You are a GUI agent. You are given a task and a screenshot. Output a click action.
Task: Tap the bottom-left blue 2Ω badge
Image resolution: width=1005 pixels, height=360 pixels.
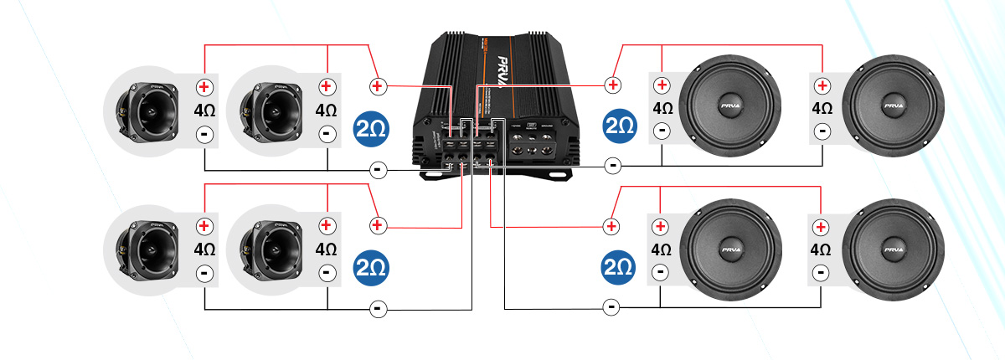pos(371,267)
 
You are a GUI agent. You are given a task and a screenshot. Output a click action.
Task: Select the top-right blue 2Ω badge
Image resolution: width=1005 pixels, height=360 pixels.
pos(621,126)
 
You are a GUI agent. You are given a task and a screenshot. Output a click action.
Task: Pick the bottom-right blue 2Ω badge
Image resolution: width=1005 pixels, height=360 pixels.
pos(621,267)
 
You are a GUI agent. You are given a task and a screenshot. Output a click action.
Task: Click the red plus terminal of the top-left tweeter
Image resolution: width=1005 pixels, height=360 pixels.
pos(204,87)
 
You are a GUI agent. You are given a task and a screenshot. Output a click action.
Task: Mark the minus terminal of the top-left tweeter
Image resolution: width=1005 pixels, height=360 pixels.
pos(204,133)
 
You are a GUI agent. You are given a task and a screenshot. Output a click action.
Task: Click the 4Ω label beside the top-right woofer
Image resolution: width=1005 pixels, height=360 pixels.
pos(822,109)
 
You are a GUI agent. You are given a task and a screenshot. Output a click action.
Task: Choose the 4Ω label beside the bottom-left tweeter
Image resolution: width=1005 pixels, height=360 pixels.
pos(204,249)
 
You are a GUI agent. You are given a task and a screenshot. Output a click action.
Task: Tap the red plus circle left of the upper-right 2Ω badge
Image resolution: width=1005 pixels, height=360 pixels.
pos(614,85)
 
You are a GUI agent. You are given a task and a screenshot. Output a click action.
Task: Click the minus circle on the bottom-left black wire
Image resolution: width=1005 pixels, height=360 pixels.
pos(378,309)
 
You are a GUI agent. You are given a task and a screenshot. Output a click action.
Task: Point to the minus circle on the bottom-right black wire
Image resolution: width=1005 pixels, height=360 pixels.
pos(612,307)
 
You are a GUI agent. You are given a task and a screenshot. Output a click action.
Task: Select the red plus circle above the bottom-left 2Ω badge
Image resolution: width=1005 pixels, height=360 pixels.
pos(378,225)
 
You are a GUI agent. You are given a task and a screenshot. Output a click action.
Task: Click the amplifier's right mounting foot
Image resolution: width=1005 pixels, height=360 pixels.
pos(554,173)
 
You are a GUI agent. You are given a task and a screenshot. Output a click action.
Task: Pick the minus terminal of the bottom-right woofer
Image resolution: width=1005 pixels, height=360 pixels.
pos(823,271)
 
